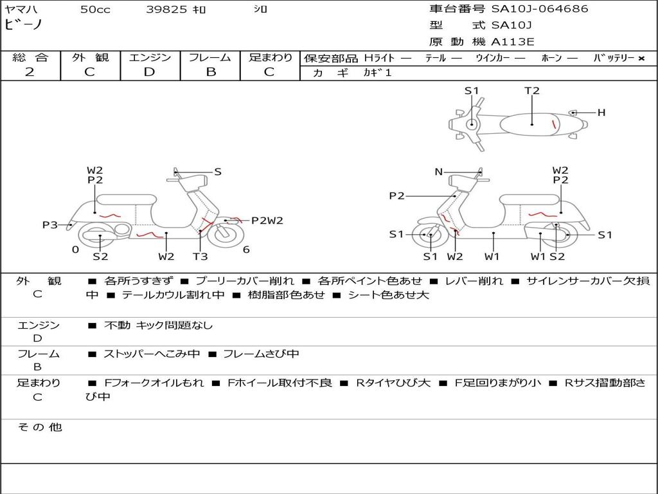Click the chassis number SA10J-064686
[x=540, y=9]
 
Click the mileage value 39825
[x=166, y=10]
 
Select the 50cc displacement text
[x=95, y=10]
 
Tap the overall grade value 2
[x=30, y=72]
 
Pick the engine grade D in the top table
[x=149, y=72]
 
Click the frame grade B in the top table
[x=210, y=72]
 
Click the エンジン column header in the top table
[x=150, y=57]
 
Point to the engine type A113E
[x=513, y=42]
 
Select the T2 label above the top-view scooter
[x=532, y=91]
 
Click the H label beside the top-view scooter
[x=601, y=113]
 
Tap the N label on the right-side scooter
[x=439, y=172]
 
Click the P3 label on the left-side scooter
[x=49, y=224]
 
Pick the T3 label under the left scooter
[x=200, y=257]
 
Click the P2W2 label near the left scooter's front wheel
[x=267, y=221]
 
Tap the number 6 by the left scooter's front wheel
[x=246, y=250]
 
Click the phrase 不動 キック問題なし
[x=158, y=325]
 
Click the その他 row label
[x=39, y=427]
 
